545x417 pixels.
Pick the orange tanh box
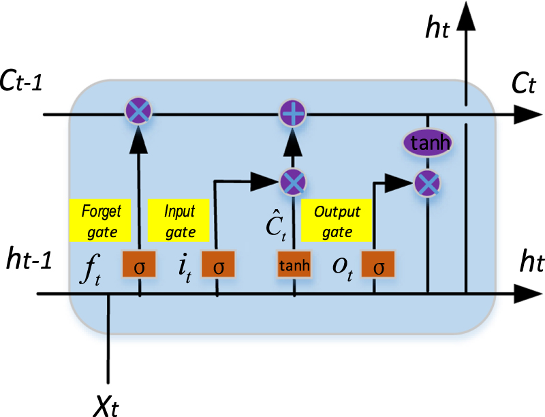[x=294, y=266]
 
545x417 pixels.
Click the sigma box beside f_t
[x=139, y=266]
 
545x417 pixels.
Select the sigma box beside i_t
[x=218, y=266]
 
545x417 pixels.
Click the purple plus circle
[x=294, y=112]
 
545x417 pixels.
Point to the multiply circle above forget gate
[x=139, y=110]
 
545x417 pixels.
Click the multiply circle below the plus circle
[x=294, y=181]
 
